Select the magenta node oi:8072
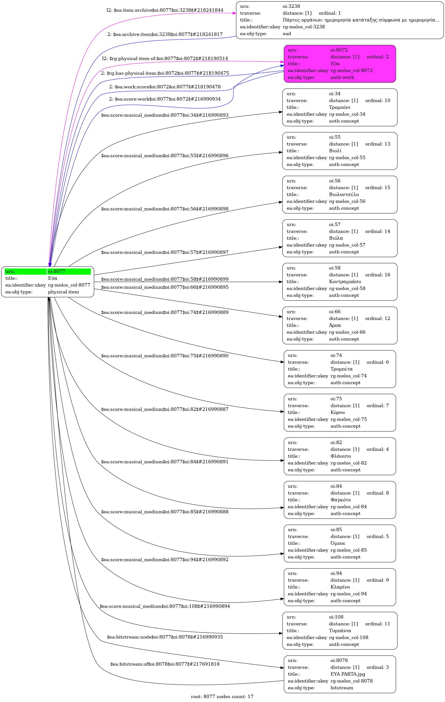coord(340,63)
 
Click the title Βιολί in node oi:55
coord(335,151)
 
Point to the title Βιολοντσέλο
coord(344,195)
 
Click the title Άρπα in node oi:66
coord(335,325)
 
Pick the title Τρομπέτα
coord(341,369)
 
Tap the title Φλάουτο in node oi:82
coord(340,456)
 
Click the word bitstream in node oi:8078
coord(342,688)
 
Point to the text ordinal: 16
coord(377,275)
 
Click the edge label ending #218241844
coord(165,10)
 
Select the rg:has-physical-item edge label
coord(165,73)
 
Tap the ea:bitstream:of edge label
coord(165,664)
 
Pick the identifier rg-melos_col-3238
coord(304,27)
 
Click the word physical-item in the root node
coord(63,292)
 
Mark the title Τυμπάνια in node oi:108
coord(340,630)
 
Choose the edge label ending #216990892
coord(165,560)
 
